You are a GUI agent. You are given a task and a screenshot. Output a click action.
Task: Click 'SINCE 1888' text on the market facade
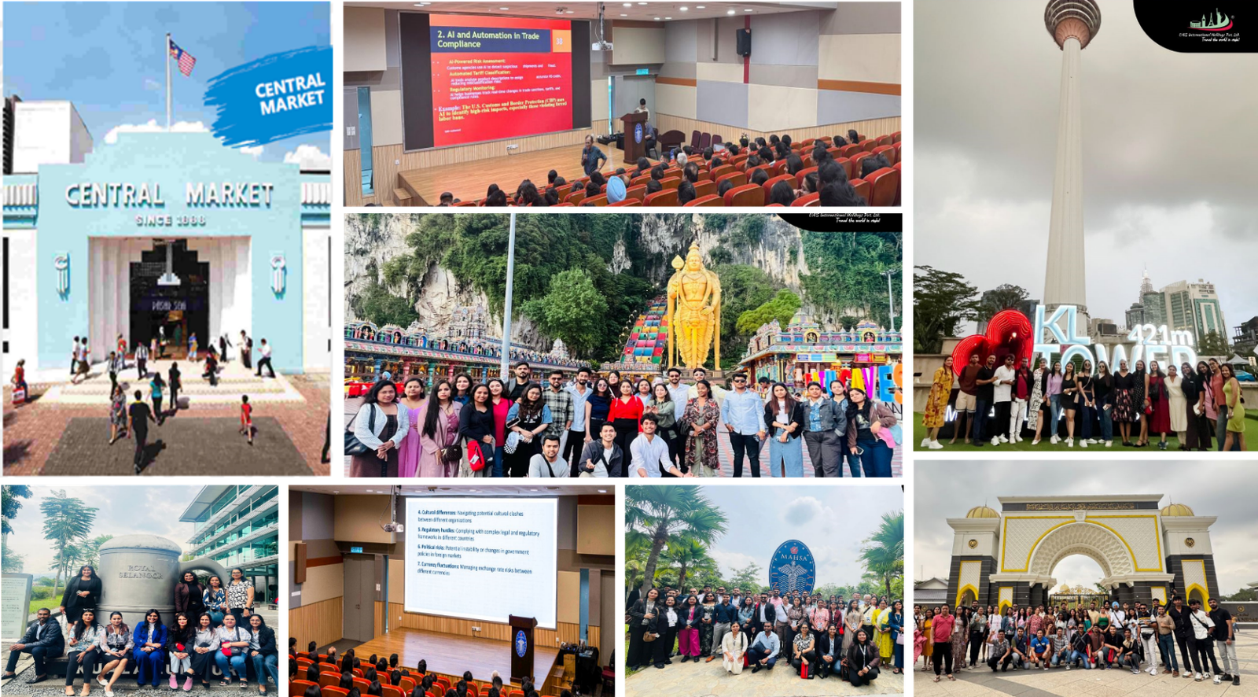click(x=171, y=220)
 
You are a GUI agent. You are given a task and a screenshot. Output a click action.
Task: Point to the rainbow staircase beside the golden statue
click(x=646, y=331)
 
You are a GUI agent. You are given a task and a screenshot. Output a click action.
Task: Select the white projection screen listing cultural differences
click(x=480, y=560)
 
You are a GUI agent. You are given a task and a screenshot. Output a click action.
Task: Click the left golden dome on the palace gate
click(x=982, y=512)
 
